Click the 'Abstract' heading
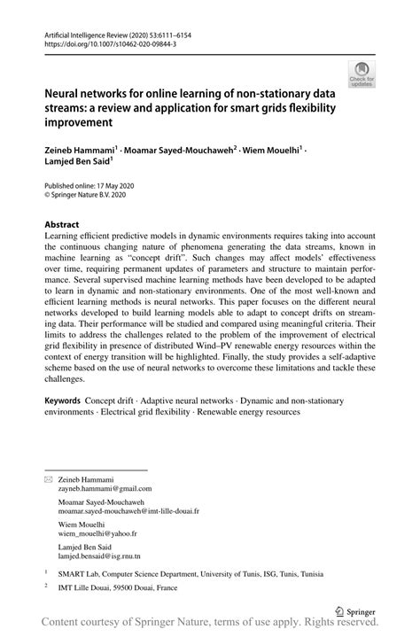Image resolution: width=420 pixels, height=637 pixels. (62, 225)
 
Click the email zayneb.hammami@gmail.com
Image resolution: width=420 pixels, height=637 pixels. (105, 487)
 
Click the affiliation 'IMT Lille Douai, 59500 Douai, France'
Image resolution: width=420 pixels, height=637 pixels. (121, 587)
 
